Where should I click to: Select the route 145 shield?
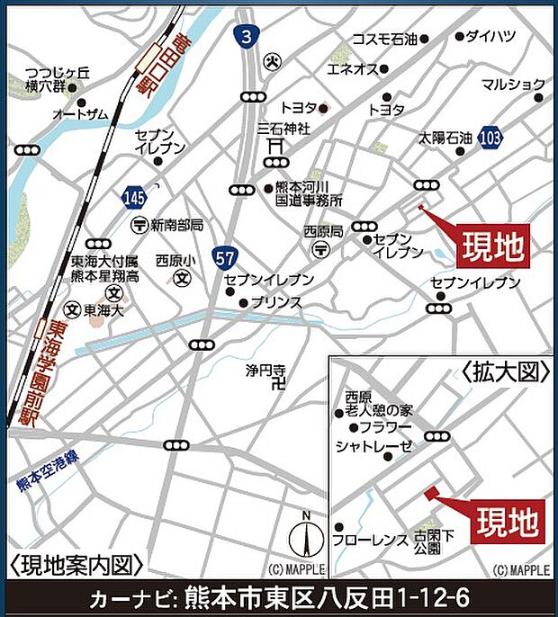click(x=132, y=195)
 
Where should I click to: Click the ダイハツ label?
click(x=497, y=37)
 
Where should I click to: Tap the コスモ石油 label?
click(x=385, y=39)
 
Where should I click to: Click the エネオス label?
click(x=350, y=69)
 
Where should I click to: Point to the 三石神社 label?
click(x=283, y=129)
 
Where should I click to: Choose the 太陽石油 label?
click(x=445, y=139)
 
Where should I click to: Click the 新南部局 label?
click(x=177, y=225)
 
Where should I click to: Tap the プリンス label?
click(x=276, y=303)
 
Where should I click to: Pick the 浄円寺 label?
click(x=265, y=370)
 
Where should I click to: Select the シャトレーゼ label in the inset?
click(x=373, y=447)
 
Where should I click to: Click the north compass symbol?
click(x=306, y=537)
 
